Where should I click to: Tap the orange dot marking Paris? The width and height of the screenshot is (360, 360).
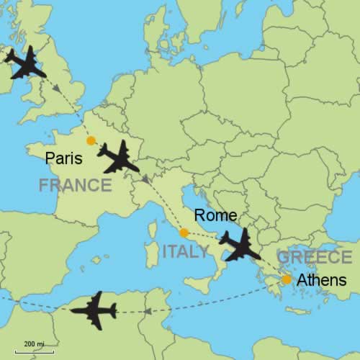91,141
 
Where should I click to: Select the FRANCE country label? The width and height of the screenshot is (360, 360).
76,186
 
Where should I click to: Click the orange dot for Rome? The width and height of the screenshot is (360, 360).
184,233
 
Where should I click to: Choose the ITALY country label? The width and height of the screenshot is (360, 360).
185,251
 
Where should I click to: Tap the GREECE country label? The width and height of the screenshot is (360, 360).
315,257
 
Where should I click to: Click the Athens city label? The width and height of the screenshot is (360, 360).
322,281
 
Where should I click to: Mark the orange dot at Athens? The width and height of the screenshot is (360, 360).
287,279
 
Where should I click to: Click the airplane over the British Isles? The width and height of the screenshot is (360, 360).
25,64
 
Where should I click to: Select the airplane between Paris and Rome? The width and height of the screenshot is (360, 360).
119,157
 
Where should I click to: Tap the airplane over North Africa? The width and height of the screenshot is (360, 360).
94,310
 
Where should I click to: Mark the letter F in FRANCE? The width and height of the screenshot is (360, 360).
44,186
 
